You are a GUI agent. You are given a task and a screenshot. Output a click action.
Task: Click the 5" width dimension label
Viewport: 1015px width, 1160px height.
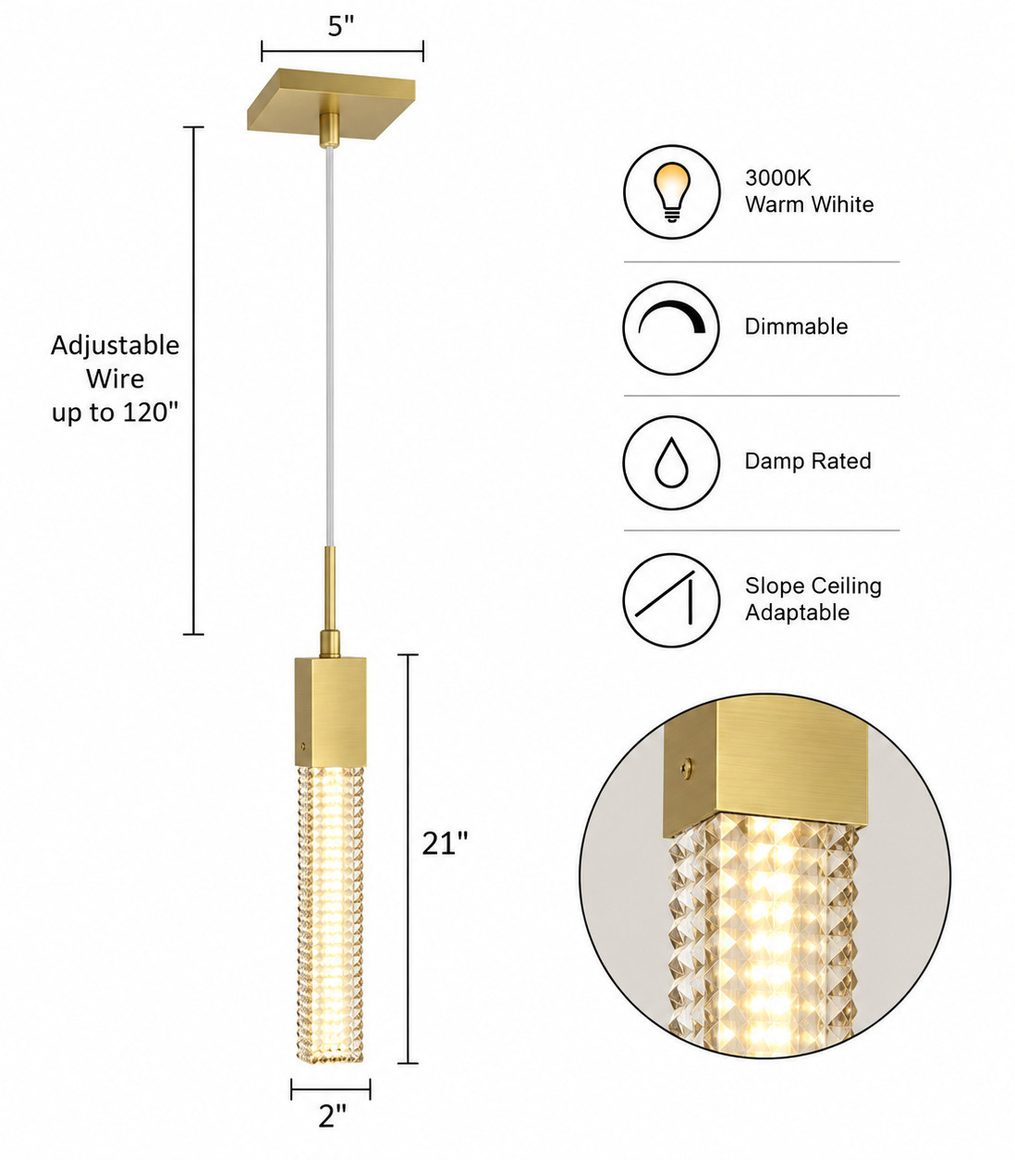point(341,26)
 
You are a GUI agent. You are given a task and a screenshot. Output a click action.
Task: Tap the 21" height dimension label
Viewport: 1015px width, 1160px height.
point(446,844)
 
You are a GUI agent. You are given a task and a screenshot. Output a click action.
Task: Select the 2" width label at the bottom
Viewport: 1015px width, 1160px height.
point(332,1116)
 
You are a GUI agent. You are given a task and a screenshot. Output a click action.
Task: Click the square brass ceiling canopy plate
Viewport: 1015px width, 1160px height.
point(331,104)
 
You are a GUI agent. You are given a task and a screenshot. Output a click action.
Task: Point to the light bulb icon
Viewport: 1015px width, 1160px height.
point(672,192)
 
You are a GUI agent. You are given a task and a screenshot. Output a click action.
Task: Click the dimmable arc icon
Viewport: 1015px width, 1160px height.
point(672,317)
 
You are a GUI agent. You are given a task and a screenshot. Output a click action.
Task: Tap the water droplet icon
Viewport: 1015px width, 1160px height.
point(671,463)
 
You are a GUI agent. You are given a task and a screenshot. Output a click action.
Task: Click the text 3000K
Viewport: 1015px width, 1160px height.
point(777,178)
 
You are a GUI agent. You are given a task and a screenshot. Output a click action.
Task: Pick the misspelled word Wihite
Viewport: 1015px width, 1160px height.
point(842,204)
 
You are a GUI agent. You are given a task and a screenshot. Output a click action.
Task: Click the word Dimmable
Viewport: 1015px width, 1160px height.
point(796,327)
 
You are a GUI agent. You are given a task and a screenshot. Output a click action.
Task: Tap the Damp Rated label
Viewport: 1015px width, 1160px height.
point(808,461)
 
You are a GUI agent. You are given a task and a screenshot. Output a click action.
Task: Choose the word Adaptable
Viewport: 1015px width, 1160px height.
point(797,612)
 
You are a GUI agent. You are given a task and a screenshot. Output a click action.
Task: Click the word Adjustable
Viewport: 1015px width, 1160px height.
point(115,346)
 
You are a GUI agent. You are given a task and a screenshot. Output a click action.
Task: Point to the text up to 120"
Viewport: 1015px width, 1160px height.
point(115,413)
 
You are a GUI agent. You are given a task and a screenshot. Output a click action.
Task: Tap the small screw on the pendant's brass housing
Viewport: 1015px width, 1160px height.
point(303,747)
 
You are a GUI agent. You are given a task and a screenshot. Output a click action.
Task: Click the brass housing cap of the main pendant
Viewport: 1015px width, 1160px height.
point(330,712)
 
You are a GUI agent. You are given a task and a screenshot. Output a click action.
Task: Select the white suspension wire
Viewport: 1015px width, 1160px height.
point(329,347)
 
